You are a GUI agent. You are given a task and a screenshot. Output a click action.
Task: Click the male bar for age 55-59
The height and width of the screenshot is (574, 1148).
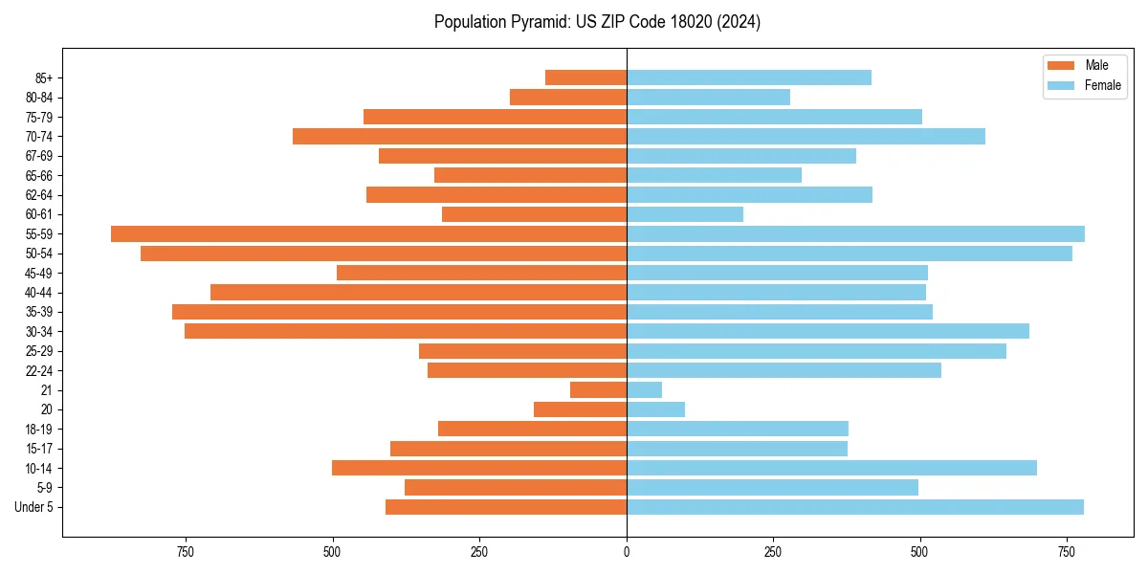tap(368, 234)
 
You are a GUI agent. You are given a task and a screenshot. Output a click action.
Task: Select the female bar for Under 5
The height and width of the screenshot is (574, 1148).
tap(855, 507)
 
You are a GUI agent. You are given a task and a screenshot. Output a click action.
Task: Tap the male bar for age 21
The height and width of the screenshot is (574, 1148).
tap(598, 390)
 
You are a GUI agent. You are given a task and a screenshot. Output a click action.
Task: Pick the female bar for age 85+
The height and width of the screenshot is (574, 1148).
tap(749, 77)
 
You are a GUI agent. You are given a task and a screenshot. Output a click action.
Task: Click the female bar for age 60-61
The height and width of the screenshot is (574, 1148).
tap(685, 214)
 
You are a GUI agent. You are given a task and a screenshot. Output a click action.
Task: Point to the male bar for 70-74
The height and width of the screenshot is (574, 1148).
tap(459, 137)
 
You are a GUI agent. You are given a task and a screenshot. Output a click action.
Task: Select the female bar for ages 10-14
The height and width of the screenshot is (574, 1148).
tap(831, 468)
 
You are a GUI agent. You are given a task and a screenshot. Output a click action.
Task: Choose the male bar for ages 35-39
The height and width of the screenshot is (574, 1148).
tap(399, 312)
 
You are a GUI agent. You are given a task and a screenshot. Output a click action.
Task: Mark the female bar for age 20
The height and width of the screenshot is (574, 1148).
tap(655, 409)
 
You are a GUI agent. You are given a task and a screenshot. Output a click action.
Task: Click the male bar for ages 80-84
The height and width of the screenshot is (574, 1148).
tap(568, 98)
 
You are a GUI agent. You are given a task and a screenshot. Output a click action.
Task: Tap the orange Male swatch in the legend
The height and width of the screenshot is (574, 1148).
tap(1062, 65)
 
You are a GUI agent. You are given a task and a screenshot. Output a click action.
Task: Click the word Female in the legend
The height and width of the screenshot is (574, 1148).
tap(1103, 85)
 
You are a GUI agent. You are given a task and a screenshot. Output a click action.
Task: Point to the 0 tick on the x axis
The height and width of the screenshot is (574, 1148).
tap(627, 552)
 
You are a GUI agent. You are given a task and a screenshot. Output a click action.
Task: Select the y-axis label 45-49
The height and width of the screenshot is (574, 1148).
tap(39, 274)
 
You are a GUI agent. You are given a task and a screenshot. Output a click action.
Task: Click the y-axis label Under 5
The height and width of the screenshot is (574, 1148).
tap(34, 507)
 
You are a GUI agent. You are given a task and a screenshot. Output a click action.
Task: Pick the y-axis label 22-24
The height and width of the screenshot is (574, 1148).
tap(39, 371)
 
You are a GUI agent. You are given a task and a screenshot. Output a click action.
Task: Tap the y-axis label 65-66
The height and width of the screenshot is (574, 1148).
tap(39, 176)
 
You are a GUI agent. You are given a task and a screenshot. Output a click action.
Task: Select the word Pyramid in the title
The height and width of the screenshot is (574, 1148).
tap(543, 22)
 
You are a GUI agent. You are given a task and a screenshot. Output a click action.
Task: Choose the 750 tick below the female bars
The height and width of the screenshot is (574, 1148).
tap(1067, 552)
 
